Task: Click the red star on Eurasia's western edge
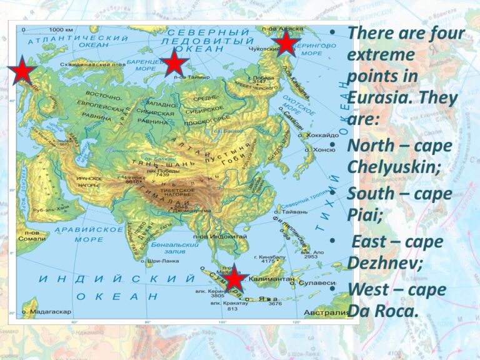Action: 23,72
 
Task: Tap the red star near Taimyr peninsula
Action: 174,63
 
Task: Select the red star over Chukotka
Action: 285,44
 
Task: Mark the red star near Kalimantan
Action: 234,279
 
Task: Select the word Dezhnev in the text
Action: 384,262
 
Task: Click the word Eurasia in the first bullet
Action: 377,98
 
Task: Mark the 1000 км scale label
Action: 56,30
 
